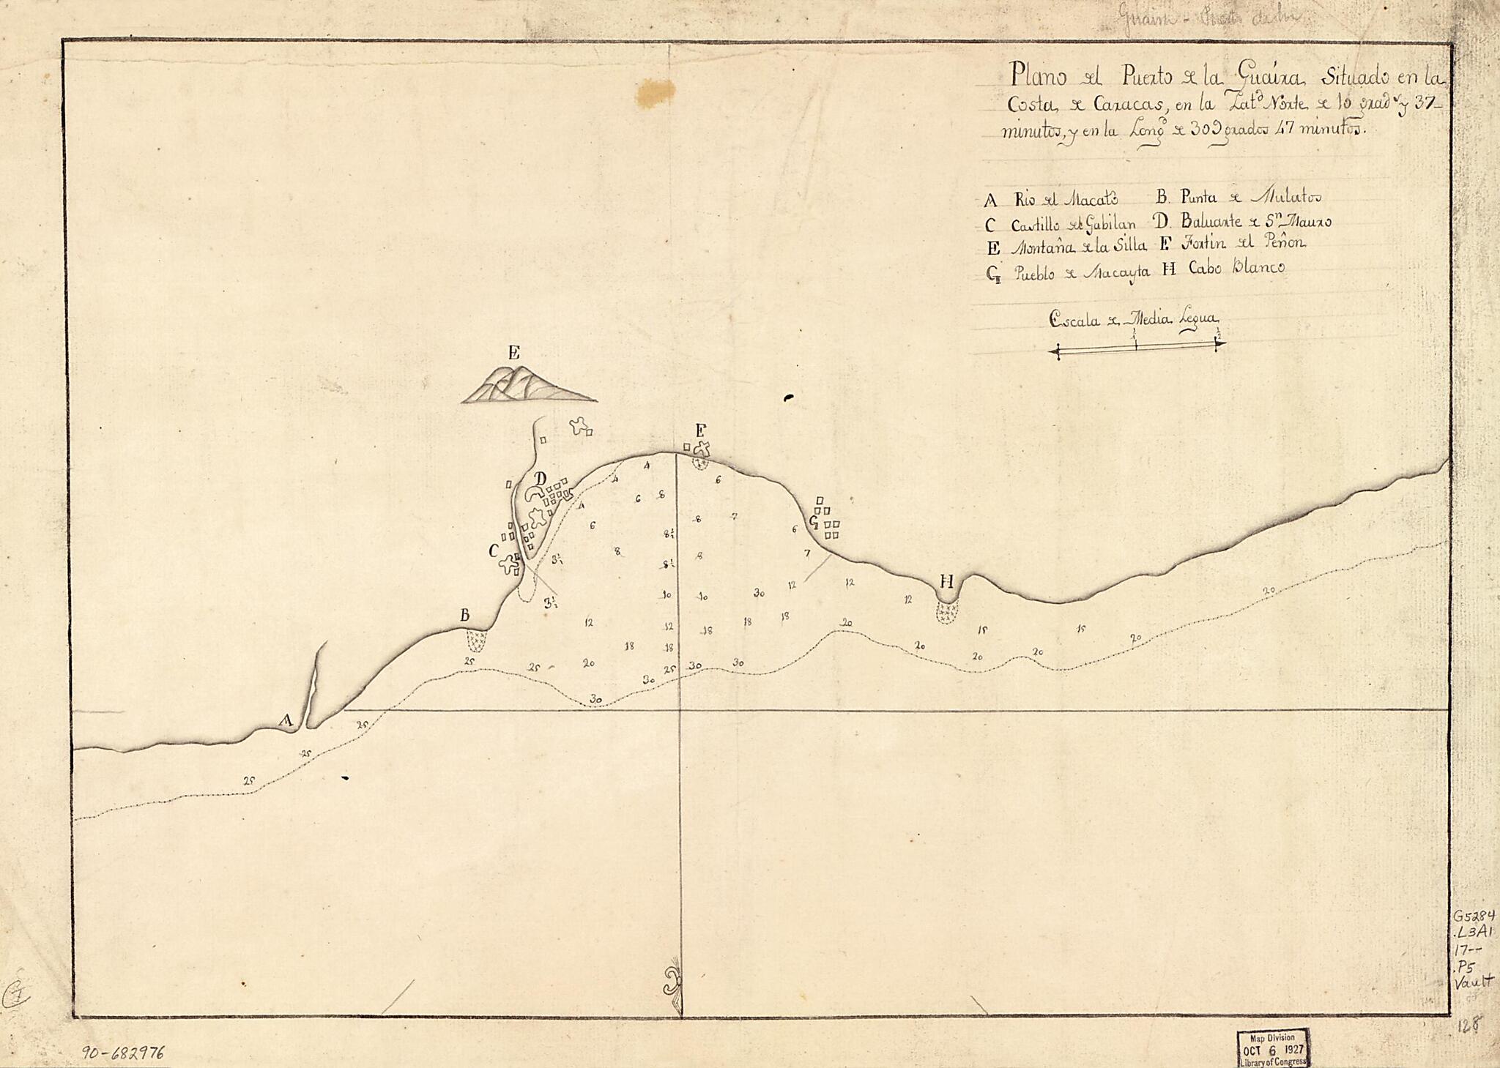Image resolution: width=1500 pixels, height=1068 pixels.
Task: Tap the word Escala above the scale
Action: point(1074,319)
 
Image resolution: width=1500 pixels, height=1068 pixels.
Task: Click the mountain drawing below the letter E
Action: point(523,386)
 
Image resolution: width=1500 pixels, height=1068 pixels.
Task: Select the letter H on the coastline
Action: point(946,582)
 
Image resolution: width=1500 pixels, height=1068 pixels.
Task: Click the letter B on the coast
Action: point(464,616)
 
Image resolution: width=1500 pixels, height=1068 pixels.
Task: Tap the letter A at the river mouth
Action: point(287,720)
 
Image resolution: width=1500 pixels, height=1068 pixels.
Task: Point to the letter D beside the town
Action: point(541,478)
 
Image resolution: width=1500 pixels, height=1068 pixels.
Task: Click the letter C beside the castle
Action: point(494,550)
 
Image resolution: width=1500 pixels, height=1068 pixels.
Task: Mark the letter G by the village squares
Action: point(814,522)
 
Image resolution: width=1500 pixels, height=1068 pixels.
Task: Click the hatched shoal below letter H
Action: point(947,612)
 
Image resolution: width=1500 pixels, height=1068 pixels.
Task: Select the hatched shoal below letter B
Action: point(478,641)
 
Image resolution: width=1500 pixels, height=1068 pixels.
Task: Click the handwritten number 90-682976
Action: point(123,1053)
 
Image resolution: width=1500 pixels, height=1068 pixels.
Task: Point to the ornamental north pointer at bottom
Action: point(672,981)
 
